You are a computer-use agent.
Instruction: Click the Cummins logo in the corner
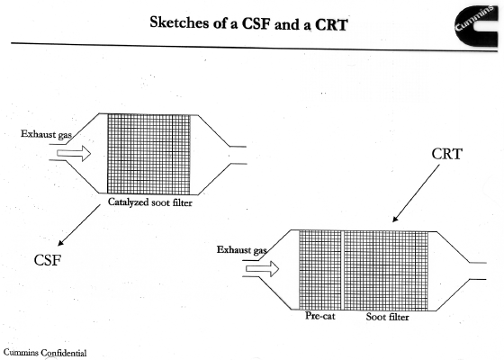click(x=476, y=26)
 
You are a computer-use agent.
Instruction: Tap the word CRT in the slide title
click(x=331, y=25)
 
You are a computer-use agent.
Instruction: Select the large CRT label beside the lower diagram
click(x=446, y=154)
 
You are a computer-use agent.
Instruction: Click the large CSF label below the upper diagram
click(x=47, y=260)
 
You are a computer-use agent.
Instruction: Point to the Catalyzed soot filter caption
click(x=149, y=202)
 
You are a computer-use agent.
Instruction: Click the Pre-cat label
click(x=319, y=316)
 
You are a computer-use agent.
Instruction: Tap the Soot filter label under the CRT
click(x=387, y=317)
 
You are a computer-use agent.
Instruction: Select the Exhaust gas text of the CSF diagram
click(x=46, y=134)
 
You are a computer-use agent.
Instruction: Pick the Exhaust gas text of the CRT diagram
click(x=242, y=250)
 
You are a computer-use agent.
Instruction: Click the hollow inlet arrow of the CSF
click(x=74, y=153)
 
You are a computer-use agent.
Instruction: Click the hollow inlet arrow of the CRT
click(x=262, y=269)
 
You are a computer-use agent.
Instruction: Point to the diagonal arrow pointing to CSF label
click(x=79, y=225)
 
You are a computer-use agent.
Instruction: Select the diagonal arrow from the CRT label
click(x=416, y=193)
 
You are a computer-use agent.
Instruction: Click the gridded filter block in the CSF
click(x=148, y=154)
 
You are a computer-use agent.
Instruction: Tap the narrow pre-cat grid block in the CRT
click(x=320, y=270)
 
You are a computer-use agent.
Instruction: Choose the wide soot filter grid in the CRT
click(x=386, y=271)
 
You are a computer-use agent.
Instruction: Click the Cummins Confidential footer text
click(x=45, y=353)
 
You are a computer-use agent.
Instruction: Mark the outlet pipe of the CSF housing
click(x=238, y=155)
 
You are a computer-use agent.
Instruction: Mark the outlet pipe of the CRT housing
click(x=478, y=271)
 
